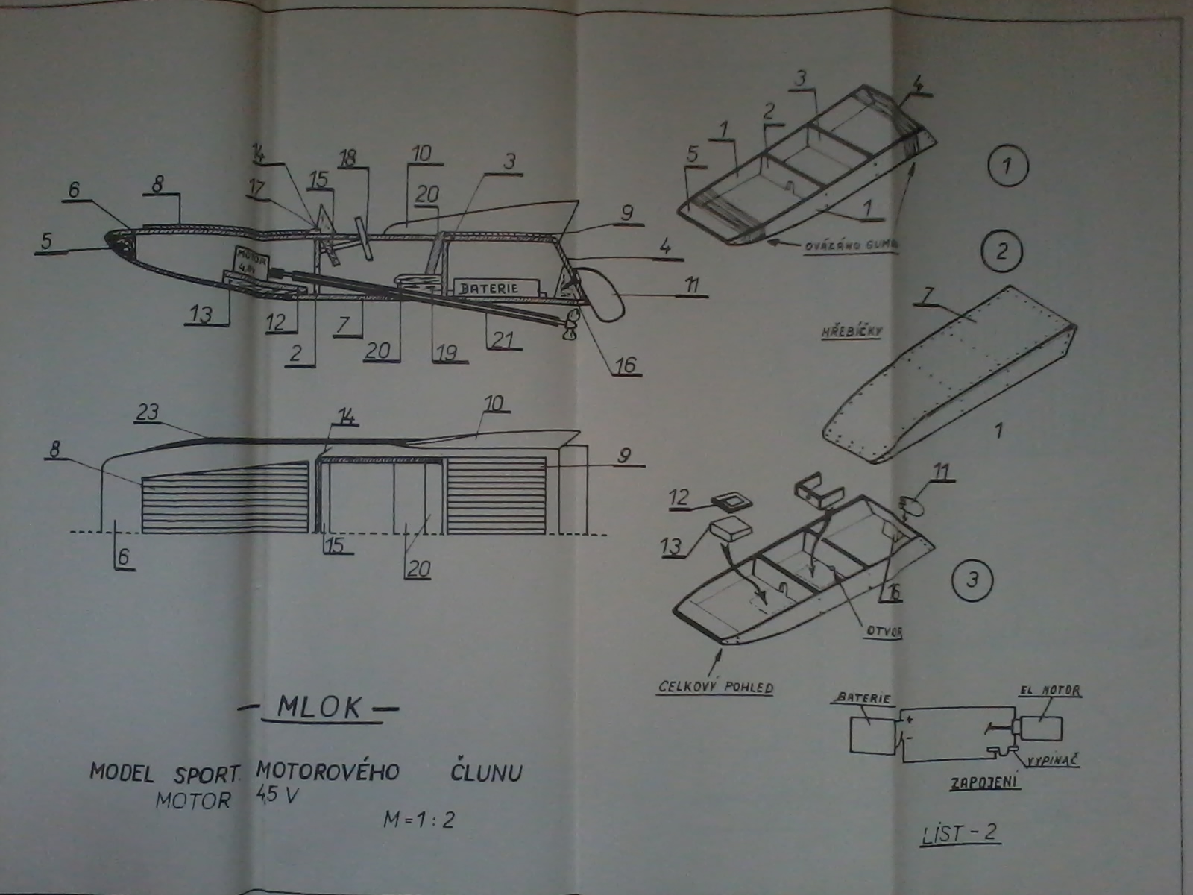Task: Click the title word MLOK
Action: click(318, 707)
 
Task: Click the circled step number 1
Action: click(1007, 166)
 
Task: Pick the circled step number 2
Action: click(1001, 251)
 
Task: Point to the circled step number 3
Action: click(972, 580)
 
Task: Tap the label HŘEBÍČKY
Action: click(851, 331)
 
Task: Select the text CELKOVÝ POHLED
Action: click(715, 685)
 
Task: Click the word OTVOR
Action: click(884, 632)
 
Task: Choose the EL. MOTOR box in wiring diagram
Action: click(1042, 727)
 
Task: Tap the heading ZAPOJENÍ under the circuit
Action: click(984, 783)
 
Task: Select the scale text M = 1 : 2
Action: click(418, 819)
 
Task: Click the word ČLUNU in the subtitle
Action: click(486, 772)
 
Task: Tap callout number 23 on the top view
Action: click(148, 412)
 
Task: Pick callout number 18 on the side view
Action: click(347, 157)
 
